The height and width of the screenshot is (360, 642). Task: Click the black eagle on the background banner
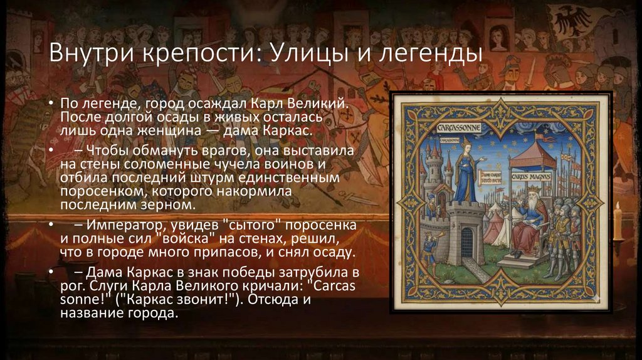pyautogui.click(x=571, y=19)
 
